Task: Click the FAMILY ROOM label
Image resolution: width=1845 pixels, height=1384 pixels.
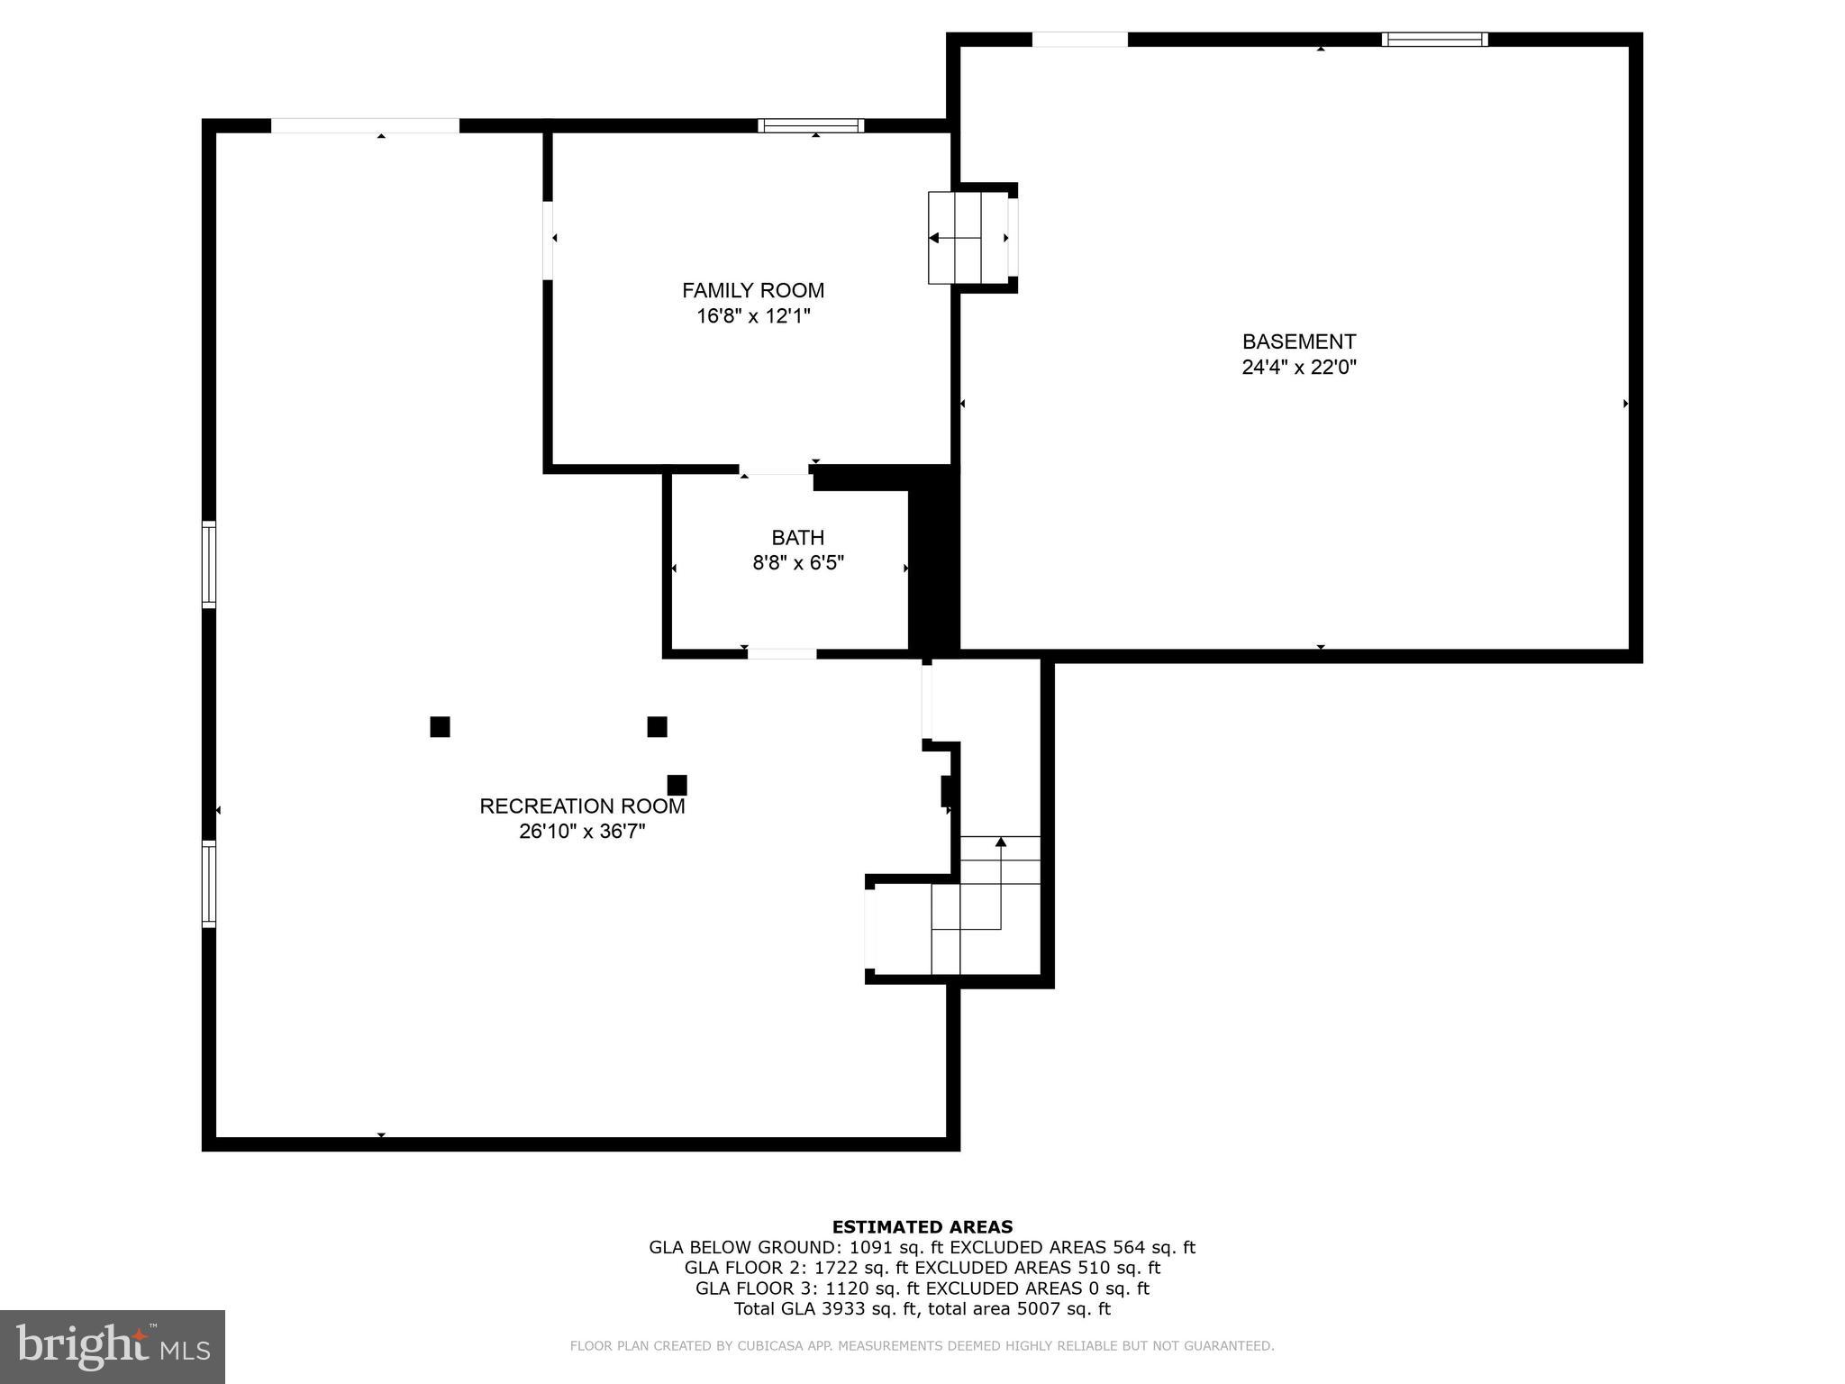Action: click(x=752, y=290)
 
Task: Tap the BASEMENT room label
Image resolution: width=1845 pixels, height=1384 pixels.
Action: click(x=1298, y=341)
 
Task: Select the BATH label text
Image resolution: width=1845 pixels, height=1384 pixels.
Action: click(x=797, y=537)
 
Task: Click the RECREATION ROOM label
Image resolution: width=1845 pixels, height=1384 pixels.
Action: click(x=582, y=806)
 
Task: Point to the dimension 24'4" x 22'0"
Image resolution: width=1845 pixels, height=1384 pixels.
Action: click(x=1298, y=367)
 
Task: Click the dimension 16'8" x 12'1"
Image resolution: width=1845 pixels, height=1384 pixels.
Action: click(x=752, y=316)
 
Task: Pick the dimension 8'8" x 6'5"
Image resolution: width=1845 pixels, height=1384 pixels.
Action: click(x=797, y=563)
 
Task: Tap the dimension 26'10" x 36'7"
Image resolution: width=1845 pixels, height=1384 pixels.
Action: click(x=582, y=831)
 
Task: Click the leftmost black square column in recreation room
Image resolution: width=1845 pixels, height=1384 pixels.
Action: click(x=440, y=726)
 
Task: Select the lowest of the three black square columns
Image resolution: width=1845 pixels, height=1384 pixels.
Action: click(x=677, y=785)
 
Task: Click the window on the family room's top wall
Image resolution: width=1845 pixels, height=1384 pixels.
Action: click(x=811, y=125)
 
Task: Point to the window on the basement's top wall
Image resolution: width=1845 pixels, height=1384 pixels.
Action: click(x=1434, y=39)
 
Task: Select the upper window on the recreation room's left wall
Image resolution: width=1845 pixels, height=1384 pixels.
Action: click(x=208, y=564)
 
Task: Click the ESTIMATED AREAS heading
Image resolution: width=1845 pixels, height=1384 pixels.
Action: click(x=922, y=1226)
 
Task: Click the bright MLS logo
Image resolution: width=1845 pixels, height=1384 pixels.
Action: click(x=113, y=1346)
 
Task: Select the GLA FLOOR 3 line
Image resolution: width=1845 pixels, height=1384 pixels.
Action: click(x=922, y=1288)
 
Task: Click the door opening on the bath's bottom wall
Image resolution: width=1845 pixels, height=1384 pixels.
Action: click(x=782, y=653)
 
